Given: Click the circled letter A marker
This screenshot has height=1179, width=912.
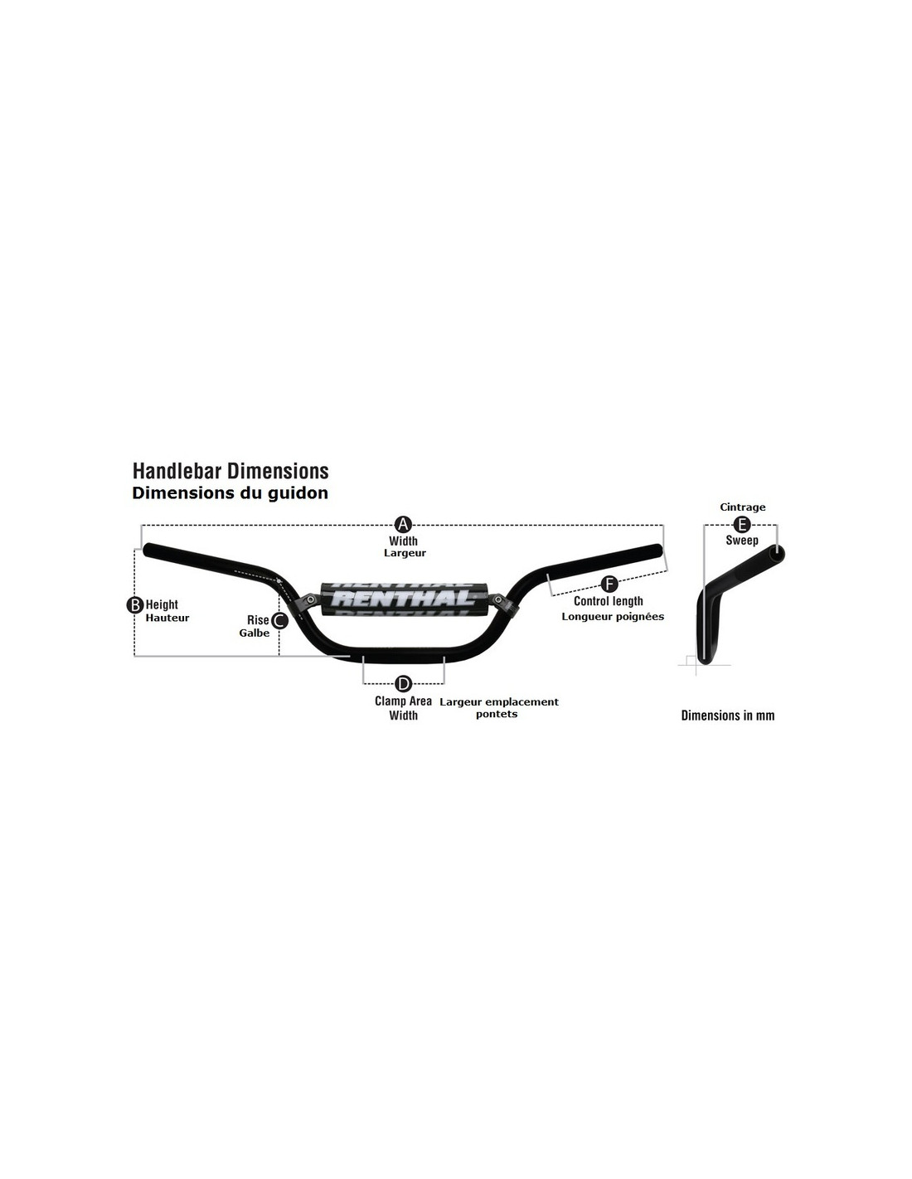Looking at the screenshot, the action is [403, 525].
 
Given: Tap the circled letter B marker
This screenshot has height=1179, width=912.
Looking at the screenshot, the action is [134, 605].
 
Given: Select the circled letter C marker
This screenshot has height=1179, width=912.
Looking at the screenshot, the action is [279, 621].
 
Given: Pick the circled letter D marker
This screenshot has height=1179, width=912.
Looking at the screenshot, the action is [403, 684].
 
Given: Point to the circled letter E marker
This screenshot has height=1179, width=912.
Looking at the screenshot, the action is [742, 525].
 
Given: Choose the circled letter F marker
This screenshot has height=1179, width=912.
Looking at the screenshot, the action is [610, 585].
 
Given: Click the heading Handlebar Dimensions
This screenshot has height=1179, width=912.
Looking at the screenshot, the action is [230, 471].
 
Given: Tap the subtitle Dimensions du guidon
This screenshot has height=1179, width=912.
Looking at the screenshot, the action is [230, 493].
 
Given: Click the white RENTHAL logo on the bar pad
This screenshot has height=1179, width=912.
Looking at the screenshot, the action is [402, 599].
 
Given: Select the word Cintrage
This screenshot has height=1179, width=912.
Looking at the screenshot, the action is [742, 507].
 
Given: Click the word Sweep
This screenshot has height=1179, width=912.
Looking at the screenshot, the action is [742, 541].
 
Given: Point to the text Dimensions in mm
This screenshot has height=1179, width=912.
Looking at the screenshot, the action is [728, 716].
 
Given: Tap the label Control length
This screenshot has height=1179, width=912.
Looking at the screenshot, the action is [609, 601].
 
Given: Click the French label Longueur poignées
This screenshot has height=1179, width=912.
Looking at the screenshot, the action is [613, 617].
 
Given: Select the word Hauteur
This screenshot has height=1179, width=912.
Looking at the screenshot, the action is [167, 618].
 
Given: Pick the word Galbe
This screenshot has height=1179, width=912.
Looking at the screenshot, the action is [254, 633].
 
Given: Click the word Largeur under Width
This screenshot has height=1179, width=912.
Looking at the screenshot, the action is [405, 553].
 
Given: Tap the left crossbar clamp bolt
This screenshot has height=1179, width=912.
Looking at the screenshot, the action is [311, 599].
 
